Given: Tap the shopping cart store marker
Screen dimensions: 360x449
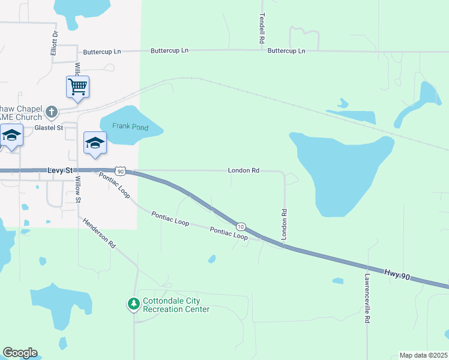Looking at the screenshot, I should point(77,86).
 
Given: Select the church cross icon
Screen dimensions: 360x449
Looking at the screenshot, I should point(52,112).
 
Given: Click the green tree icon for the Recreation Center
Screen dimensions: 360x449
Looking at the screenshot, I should point(133,305).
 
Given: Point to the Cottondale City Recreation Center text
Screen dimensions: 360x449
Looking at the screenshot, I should point(176,305).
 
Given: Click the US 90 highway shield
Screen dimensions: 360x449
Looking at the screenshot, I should point(121,172).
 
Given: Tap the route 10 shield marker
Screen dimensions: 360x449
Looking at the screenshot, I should point(241,226).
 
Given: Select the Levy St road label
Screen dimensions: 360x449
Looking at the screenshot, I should point(60,172).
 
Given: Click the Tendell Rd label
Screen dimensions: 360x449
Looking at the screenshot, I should point(262,29).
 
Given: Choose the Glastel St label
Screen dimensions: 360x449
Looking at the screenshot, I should point(49,128).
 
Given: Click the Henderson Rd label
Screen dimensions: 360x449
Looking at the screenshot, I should point(100,233).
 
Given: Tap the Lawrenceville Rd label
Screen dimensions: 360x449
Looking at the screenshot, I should point(367,299).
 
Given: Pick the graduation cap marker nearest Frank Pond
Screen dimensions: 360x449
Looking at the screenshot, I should point(95,143).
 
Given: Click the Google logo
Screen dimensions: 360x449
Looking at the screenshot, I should point(20,353).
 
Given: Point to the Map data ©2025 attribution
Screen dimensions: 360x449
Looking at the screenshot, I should point(423,355).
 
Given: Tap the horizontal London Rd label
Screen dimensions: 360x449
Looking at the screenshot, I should point(243,170).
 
